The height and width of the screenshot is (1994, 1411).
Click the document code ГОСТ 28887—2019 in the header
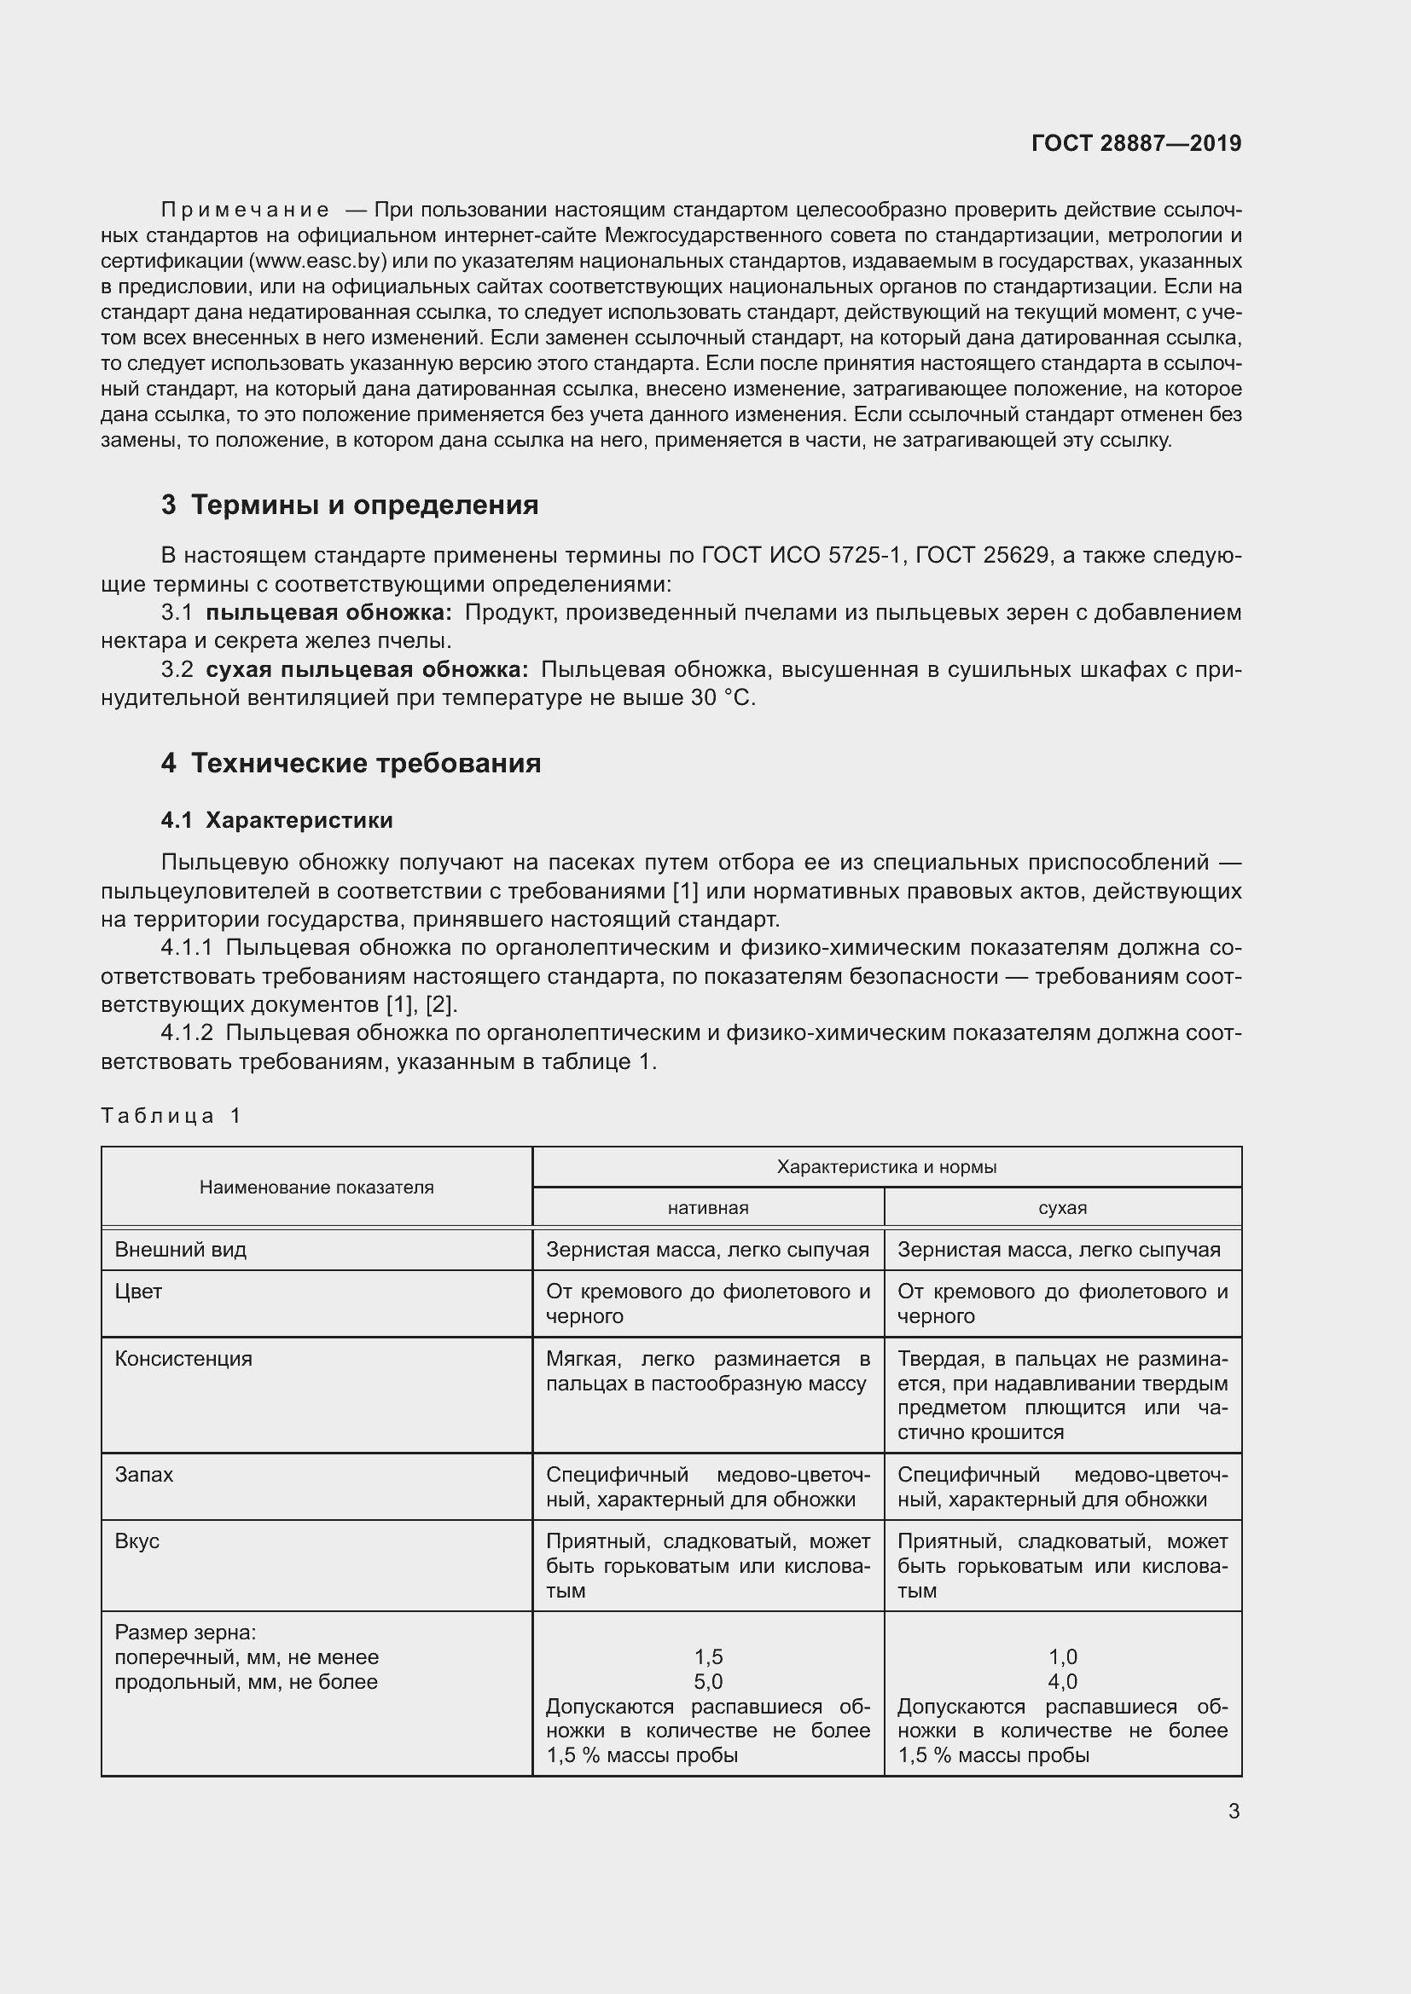[1135, 143]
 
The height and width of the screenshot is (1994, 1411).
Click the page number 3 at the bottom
[1234, 1811]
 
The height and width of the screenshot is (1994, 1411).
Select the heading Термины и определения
[364, 505]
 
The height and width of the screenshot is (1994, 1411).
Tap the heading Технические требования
[366, 762]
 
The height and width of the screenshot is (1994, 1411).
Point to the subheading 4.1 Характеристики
[276, 820]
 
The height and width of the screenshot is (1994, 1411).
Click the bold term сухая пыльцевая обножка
[367, 669]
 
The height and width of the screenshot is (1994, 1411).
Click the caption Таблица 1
[171, 1115]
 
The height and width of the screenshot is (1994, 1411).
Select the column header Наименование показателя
[316, 1188]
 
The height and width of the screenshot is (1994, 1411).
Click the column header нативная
[708, 1207]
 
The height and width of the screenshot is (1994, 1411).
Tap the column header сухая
[1063, 1207]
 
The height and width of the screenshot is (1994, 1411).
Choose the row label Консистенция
[183, 1358]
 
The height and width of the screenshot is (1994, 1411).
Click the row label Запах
[144, 1474]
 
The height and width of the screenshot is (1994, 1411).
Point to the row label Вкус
[137, 1540]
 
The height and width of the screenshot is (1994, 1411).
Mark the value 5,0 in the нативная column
[708, 1681]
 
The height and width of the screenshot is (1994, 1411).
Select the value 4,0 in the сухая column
[1063, 1681]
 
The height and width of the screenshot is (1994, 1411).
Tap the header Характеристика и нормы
[886, 1167]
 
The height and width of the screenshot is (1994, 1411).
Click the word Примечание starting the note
[245, 210]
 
